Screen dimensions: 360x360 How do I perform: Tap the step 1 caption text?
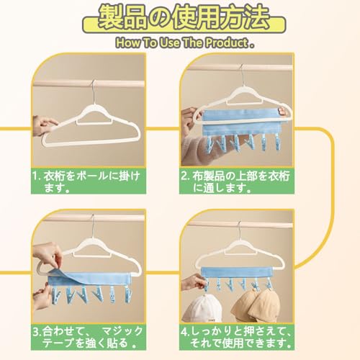pyautogui.click(x=86, y=181)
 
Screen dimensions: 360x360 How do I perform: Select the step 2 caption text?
pyautogui.click(x=235, y=181)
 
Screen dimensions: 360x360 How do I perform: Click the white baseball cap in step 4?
pyautogui.click(x=202, y=308)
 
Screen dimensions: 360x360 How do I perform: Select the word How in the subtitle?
pyautogui.click(x=128, y=43)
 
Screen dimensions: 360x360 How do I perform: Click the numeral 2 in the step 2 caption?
pyautogui.click(x=184, y=176)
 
